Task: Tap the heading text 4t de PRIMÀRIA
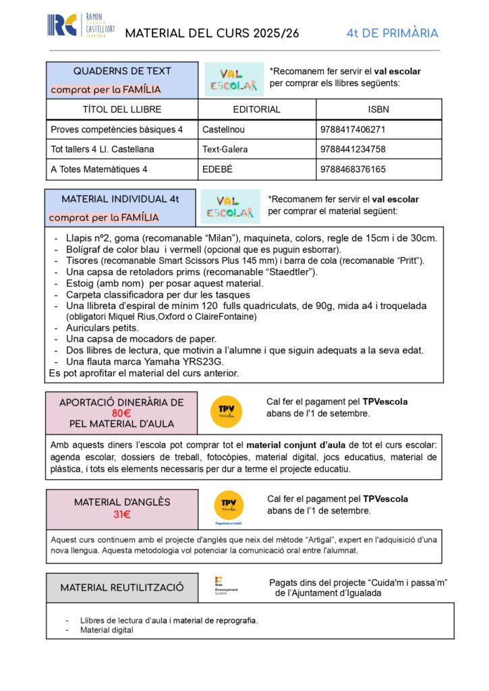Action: pos(392,33)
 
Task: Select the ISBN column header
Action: pos(379,109)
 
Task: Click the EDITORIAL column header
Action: pos(256,109)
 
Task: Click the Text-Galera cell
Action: pos(225,149)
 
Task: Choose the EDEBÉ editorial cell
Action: pos(217,169)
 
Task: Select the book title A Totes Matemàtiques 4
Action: pos(98,169)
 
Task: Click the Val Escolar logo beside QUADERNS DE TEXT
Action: pos(233,80)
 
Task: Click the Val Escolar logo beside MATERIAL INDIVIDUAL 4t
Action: pos(230,206)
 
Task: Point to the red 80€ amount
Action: pos(121,413)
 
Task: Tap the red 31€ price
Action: pos(122,515)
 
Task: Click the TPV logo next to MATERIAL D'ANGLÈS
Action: pos(229,506)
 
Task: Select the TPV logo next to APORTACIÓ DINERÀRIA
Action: pos(225,411)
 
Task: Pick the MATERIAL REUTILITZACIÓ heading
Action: pos(122,588)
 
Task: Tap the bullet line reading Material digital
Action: pos(107,630)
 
